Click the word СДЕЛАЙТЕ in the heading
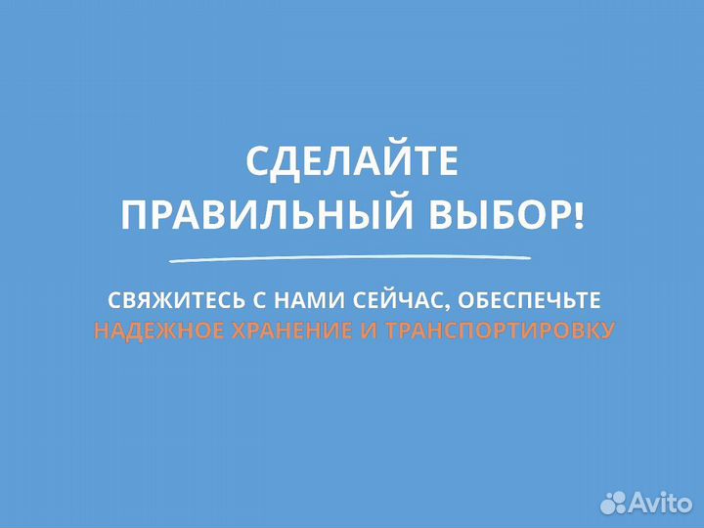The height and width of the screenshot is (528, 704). (x=351, y=162)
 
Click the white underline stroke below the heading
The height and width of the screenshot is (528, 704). (x=351, y=258)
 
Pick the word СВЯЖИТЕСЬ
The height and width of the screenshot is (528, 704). (x=160, y=297)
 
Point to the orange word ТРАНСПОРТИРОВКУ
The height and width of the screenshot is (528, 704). (x=501, y=330)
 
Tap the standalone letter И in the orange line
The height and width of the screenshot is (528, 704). (x=369, y=330)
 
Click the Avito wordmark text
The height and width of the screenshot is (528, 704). (x=660, y=502)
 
